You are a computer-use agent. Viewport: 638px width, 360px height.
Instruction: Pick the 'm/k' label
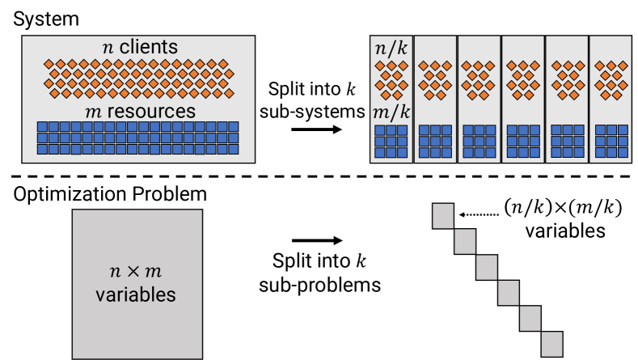coord(391,110)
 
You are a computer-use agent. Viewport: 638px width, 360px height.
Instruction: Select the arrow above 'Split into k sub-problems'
coord(315,240)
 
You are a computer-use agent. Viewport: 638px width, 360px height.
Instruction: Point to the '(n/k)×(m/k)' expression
coord(563,209)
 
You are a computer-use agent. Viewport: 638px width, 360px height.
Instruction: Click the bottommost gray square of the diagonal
coord(552,342)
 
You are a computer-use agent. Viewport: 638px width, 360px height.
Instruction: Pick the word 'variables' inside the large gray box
coord(137,294)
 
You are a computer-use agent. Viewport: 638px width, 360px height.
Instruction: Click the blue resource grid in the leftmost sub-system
coord(391,141)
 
